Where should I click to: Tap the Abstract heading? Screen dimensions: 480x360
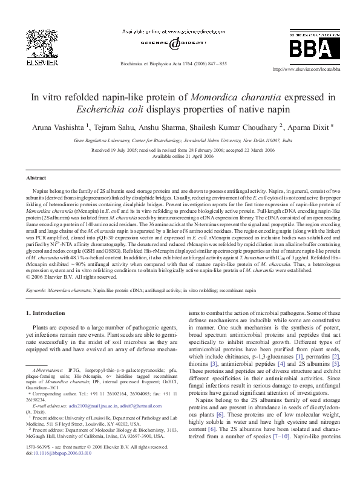tap(35, 178)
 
